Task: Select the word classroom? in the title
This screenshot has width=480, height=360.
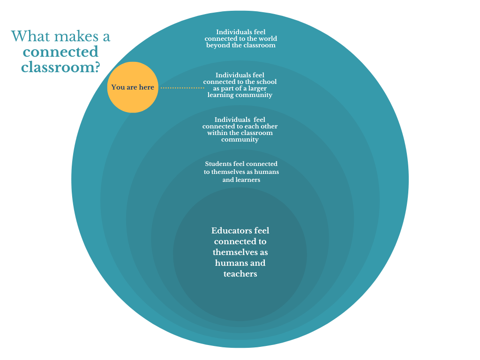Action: click(61, 67)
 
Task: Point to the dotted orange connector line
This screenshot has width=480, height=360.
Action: click(182, 88)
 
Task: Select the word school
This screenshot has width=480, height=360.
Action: click(267, 82)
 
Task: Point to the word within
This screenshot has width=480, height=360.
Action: click(217, 133)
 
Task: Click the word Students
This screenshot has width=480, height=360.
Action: click(218, 164)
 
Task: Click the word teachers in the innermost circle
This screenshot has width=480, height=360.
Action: click(240, 274)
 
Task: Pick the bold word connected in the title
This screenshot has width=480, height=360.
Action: click(60, 52)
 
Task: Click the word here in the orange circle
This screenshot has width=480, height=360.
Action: click(146, 88)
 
